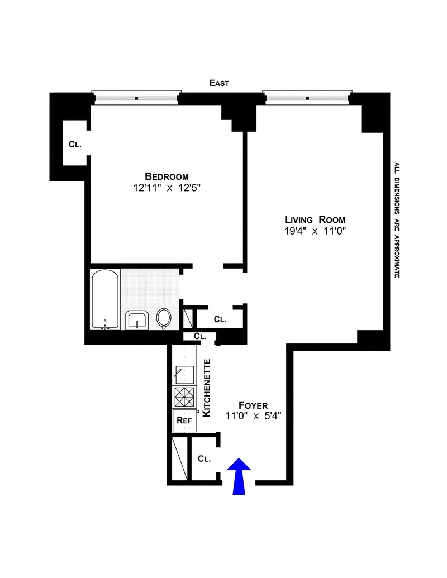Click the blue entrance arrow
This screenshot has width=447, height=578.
pos(239,476)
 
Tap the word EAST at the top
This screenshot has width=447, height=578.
pos(219,83)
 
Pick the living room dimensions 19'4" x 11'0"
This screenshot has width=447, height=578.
pos(315,231)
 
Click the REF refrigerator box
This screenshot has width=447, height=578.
pos(184,421)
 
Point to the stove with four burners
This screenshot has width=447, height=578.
pos(184,397)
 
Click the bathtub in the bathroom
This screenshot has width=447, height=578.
pos(105,299)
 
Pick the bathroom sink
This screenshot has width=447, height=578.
pos(137,320)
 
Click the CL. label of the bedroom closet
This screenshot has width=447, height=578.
pos(75,144)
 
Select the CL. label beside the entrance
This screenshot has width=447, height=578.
pos(205,458)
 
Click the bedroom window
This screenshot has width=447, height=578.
pos(137,98)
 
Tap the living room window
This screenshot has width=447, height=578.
pos(308,98)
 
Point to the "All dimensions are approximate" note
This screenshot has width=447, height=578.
pos(397,220)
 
